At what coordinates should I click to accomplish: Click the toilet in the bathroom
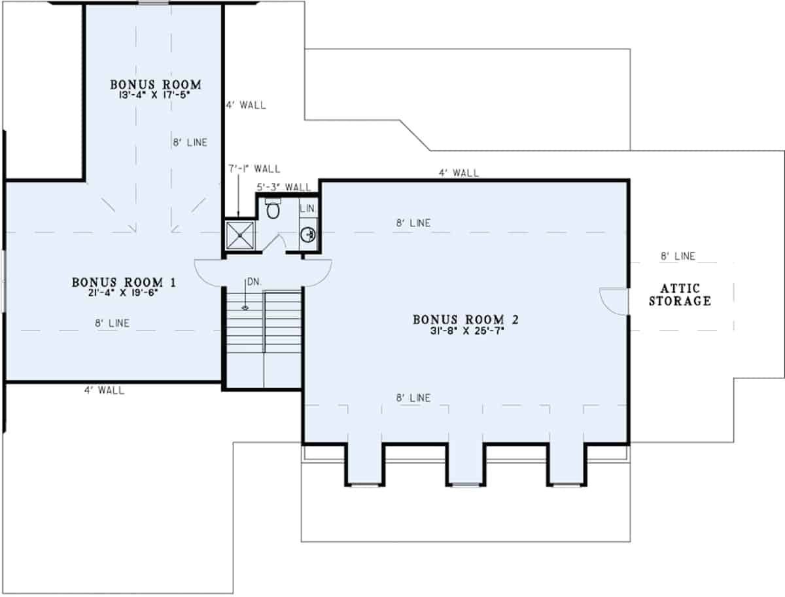273,209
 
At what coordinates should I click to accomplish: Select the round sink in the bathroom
308,233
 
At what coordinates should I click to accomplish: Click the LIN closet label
307,208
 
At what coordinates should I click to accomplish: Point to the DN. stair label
253,283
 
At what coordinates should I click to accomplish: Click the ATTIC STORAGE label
680,295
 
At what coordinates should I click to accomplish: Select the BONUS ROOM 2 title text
465,319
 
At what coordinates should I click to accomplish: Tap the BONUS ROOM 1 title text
124,282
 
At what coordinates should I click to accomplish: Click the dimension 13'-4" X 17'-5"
154,94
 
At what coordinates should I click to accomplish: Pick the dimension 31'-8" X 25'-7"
465,330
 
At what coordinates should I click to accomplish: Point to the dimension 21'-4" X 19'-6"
124,293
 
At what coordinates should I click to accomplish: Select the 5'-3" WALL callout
283,187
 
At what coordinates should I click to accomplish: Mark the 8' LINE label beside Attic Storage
678,256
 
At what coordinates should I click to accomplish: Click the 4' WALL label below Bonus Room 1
104,391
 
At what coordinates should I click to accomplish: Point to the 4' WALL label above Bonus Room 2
459,173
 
